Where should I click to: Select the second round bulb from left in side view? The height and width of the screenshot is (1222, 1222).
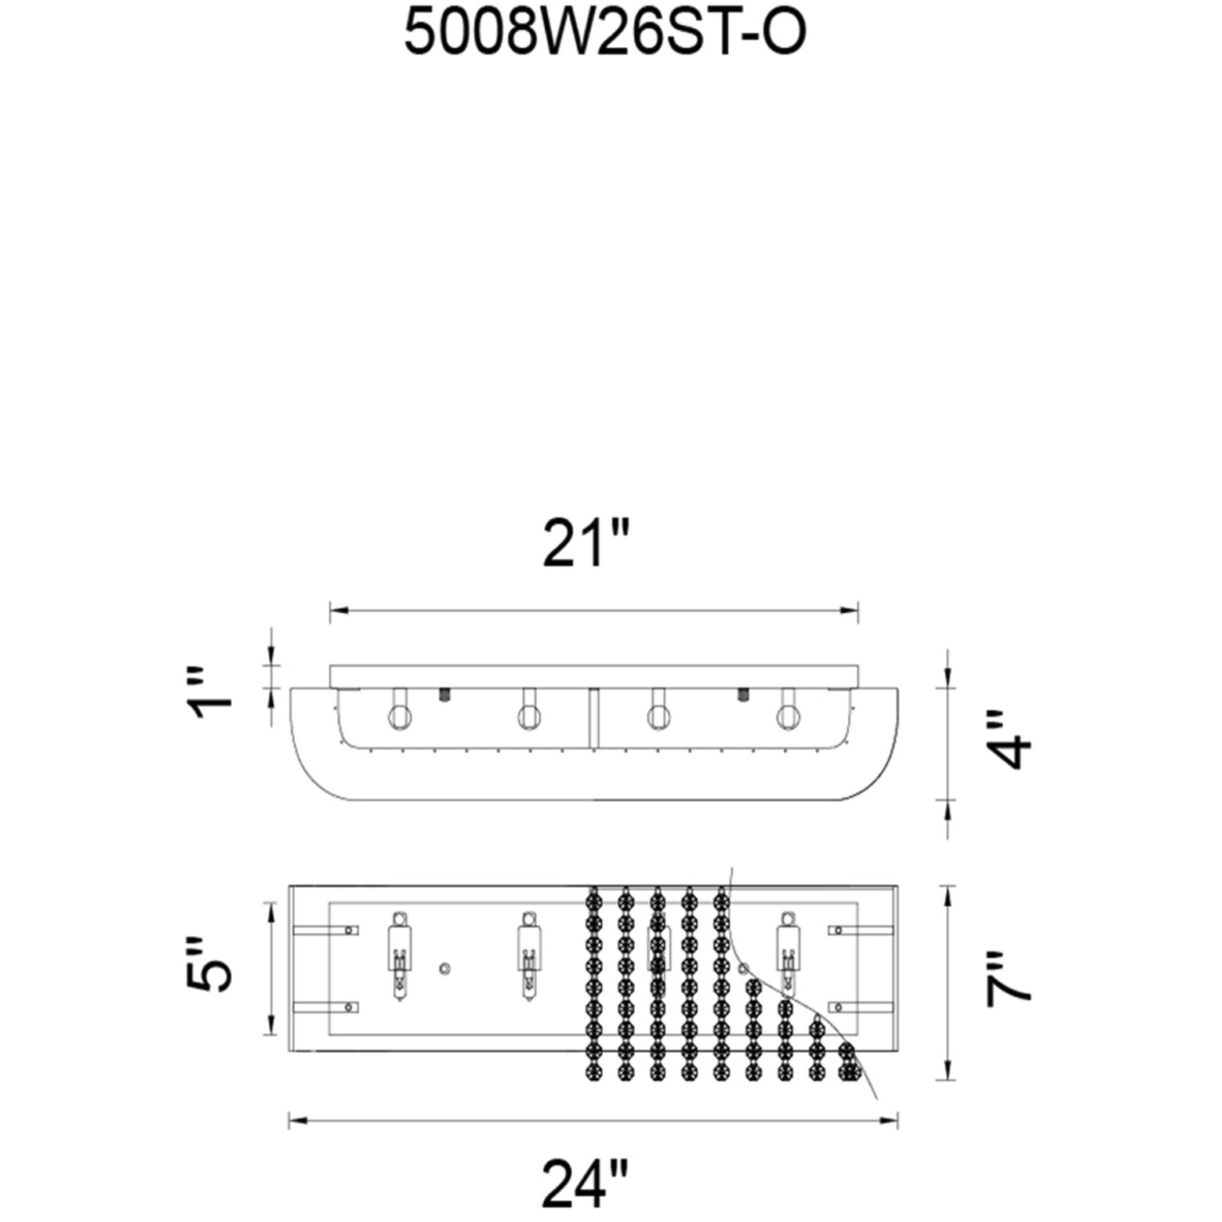pyautogui.click(x=528, y=715)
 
